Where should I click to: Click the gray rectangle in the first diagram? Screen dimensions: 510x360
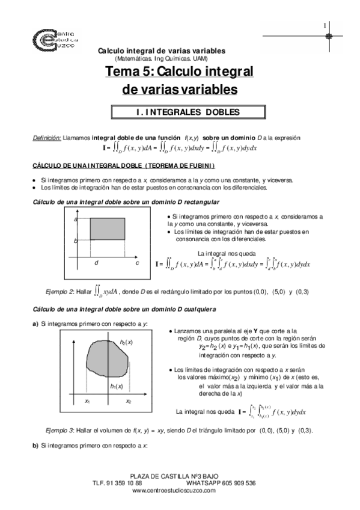click(107, 231)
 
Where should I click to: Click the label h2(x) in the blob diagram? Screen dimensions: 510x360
click(126, 342)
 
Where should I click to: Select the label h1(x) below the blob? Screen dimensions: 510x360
click(117, 386)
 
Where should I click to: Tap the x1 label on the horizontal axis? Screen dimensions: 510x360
click(87, 401)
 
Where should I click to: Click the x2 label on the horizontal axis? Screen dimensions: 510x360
click(129, 401)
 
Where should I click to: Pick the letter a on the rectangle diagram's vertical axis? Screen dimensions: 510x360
click(76, 220)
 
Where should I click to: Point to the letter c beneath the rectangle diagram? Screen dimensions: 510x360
click(137, 263)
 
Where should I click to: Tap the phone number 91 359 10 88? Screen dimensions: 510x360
click(125, 483)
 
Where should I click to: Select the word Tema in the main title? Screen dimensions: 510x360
click(121, 73)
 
